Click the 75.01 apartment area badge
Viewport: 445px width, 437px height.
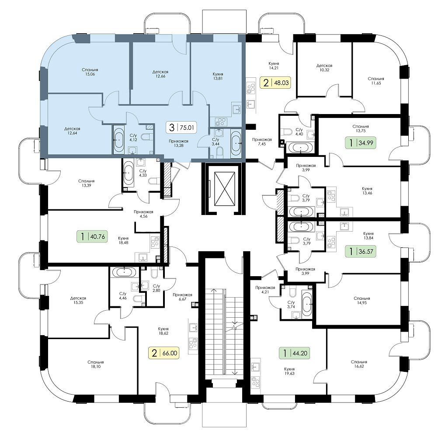(x=181, y=128)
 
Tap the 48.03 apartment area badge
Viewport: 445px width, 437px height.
(x=275, y=83)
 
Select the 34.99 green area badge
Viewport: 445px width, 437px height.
(x=361, y=143)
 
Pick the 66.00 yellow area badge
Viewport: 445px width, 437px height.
(x=164, y=353)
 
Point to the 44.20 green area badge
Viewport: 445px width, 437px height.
(x=294, y=353)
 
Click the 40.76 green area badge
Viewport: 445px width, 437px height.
(x=92, y=236)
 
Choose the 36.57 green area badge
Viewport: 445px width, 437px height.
(x=361, y=251)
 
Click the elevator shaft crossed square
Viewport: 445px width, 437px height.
(x=225, y=189)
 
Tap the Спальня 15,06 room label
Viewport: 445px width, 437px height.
(x=90, y=72)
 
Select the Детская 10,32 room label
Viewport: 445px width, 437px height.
(x=324, y=68)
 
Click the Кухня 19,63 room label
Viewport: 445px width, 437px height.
(x=289, y=371)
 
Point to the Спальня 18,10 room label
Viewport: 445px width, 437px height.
(x=96, y=364)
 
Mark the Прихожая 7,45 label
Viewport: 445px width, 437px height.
(x=262, y=142)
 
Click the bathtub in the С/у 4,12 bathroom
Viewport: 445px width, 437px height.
(x=119, y=139)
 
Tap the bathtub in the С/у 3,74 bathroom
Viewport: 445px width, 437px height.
(x=307, y=304)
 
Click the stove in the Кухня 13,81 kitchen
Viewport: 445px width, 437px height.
(x=220, y=122)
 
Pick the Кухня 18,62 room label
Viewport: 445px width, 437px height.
(x=163, y=331)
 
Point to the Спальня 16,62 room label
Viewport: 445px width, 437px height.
(x=359, y=364)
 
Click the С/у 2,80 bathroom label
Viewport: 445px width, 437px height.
(x=156, y=288)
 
